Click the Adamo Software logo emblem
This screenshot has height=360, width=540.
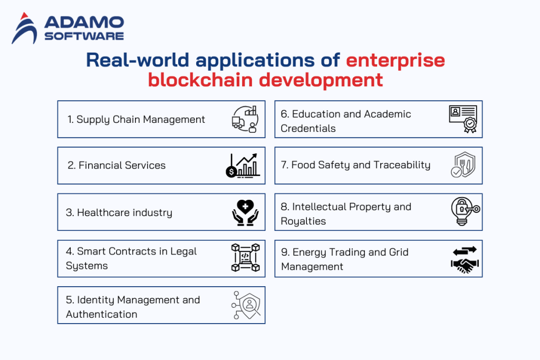pos(24,28)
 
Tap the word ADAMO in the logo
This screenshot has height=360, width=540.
pos(84,23)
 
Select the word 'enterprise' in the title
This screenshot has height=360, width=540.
pos(396,60)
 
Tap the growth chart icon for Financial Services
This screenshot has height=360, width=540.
pos(242,165)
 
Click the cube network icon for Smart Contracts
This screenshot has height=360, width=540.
pos(245,258)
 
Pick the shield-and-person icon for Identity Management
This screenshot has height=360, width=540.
pos(246,305)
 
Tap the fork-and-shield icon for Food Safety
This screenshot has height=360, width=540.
pos(462,166)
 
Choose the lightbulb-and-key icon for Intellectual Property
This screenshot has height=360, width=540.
pos(464,211)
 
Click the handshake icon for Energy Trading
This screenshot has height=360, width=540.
pos(464,259)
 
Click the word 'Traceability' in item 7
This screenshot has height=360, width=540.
pos(402,165)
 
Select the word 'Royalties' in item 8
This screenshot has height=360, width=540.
pos(303,221)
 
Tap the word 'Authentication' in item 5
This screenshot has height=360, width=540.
pos(102,314)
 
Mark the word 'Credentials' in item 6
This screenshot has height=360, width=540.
pos(308,128)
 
